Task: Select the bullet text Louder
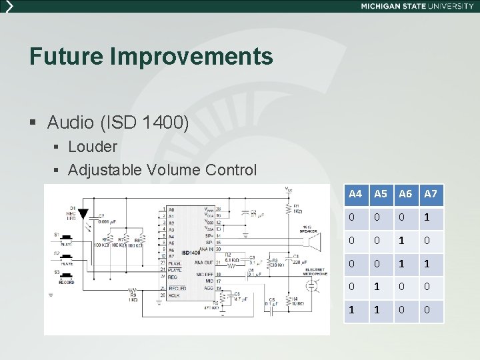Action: click(x=93, y=146)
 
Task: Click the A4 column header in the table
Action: click(x=355, y=194)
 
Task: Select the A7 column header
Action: click(x=431, y=194)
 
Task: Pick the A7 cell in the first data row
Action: click(x=431, y=218)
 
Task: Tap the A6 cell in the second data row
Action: click(x=405, y=241)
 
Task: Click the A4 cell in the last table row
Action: click(x=355, y=311)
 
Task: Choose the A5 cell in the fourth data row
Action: click(x=380, y=287)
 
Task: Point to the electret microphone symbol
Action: click(x=311, y=285)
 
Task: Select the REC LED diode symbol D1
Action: click(x=83, y=214)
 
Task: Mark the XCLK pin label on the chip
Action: click(x=174, y=294)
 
